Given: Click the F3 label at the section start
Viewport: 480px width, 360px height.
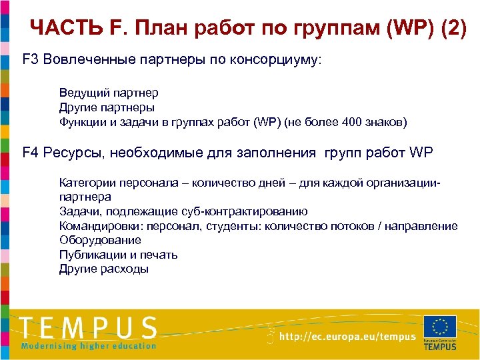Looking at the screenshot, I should point(31,60).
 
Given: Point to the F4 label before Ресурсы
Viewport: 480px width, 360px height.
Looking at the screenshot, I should point(31,153).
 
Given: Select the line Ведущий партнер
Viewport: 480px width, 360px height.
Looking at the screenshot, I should point(109,93).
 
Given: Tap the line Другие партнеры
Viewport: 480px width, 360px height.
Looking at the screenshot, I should point(107,107).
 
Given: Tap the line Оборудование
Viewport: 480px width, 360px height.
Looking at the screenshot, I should point(100,240).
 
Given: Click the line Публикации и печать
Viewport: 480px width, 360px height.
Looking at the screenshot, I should point(118,255).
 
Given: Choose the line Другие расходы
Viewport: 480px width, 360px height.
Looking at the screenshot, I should point(104,269).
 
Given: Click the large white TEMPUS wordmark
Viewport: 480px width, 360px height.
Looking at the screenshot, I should point(88,328).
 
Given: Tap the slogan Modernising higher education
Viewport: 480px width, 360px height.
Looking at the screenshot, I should point(88,345).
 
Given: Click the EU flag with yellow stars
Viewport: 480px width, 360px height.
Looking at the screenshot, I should point(439,326).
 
